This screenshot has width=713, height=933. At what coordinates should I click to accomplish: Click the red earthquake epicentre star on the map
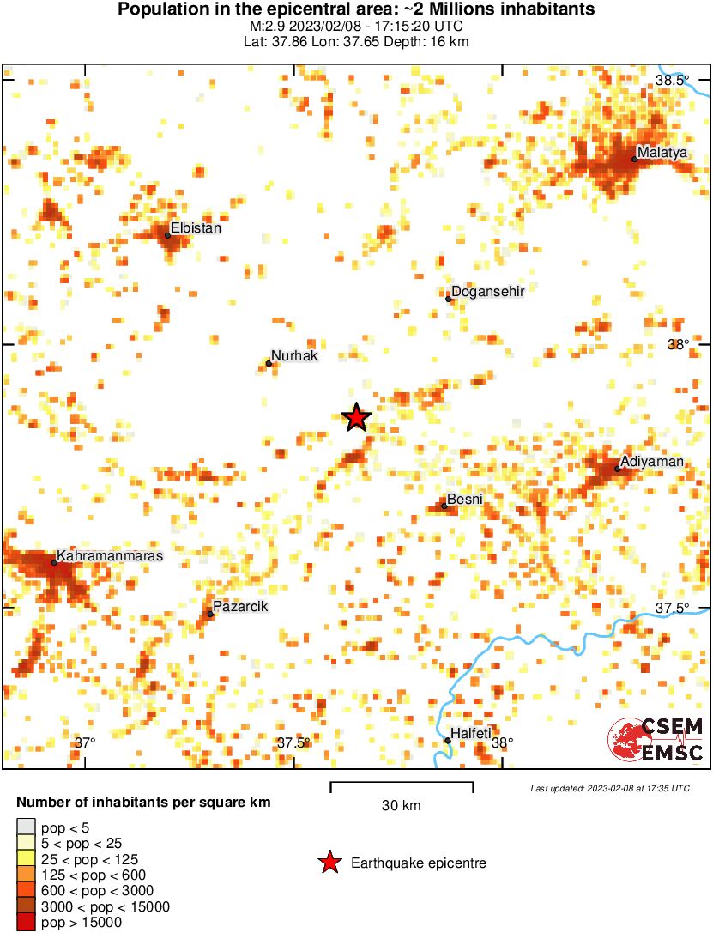tap(356, 418)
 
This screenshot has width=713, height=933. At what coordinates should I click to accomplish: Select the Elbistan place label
tap(196, 228)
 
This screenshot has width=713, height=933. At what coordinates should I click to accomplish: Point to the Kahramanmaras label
tap(110, 556)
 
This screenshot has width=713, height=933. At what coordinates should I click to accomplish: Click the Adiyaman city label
tap(652, 462)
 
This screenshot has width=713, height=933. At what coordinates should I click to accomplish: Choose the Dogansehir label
tap(487, 291)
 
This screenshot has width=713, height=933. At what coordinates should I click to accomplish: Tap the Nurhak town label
tap(294, 355)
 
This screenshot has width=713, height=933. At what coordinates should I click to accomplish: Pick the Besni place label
tap(466, 499)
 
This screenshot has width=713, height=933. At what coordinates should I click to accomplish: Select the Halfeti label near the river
tap(471, 733)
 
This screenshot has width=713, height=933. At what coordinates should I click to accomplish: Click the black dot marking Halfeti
tap(448, 740)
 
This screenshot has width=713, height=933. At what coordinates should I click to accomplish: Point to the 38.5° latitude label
tap(672, 80)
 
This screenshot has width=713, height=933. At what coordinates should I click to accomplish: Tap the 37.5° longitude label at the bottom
tap(293, 742)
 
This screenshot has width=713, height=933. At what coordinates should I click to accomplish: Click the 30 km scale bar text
tap(401, 806)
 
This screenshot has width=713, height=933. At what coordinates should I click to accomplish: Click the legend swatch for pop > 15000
tap(27, 923)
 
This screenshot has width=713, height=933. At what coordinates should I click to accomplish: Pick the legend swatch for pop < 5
tap(27, 827)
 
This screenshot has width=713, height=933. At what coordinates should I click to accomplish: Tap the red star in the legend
tap(329, 863)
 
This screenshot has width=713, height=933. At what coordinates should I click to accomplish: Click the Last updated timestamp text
tap(609, 788)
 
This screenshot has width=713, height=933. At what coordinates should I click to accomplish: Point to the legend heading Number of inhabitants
tap(143, 803)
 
